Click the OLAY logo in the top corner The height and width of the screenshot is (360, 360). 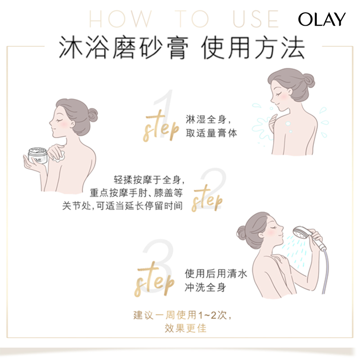322,19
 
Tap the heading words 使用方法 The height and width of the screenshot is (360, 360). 253,49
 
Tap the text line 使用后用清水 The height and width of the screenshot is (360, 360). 210,274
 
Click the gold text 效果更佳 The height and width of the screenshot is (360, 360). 186,328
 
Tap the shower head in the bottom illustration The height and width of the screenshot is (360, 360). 300,234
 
